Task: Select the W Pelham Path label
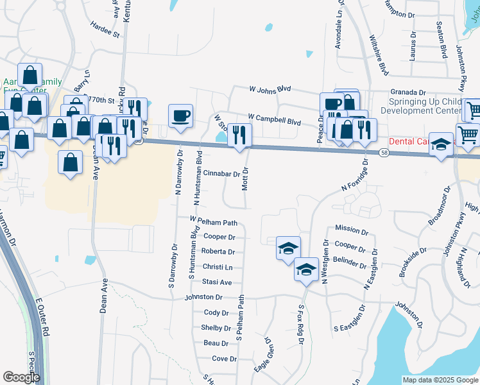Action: coord(214,222)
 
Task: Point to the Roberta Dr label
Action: coord(218,252)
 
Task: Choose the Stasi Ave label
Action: coord(218,282)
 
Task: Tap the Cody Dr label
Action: coord(216,312)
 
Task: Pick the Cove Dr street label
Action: coord(225,359)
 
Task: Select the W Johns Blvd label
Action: coord(270,89)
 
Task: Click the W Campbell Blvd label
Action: coord(274,120)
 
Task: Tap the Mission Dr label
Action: coord(352,229)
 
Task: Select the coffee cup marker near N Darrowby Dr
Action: coord(180,116)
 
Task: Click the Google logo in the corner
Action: coord(21,377)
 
